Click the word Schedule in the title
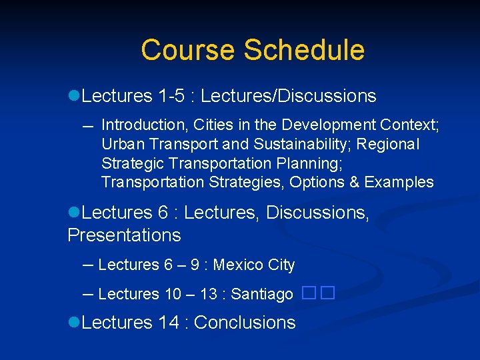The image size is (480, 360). (x=304, y=50)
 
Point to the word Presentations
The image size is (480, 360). (x=124, y=235)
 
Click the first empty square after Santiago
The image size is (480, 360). (x=308, y=293)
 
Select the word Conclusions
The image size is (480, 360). (x=245, y=323)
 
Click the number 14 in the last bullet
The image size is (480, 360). (x=169, y=323)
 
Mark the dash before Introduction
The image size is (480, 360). (x=88, y=125)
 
